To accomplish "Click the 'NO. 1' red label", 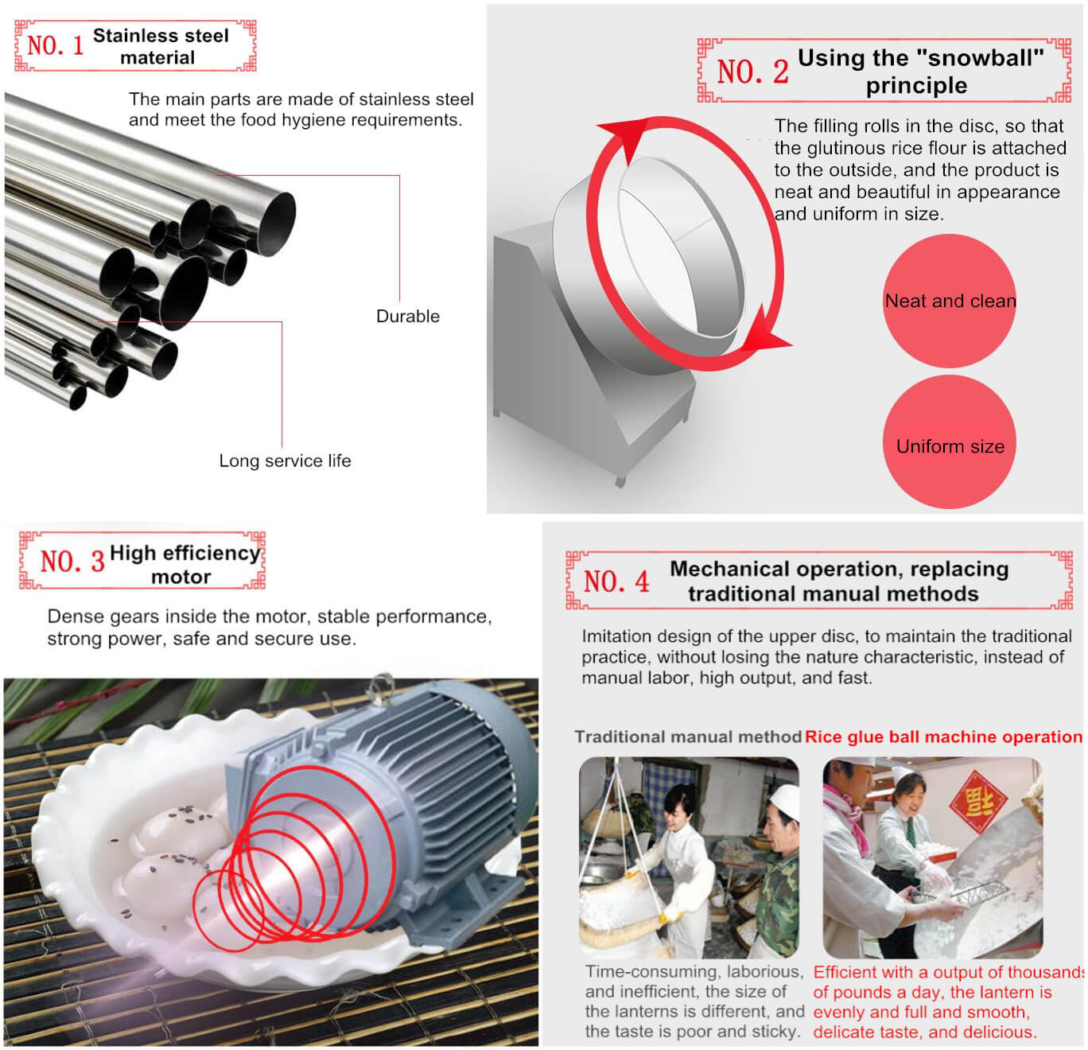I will pyautogui.click(x=55, y=45).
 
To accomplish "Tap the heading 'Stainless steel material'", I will pyautogui.click(x=160, y=46).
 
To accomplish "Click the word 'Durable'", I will pyautogui.click(x=407, y=316).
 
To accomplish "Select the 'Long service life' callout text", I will pyautogui.click(x=285, y=461).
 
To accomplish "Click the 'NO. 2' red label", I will pyautogui.click(x=752, y=72).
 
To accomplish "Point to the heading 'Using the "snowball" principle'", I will pyautogui.click(x=919, y=72).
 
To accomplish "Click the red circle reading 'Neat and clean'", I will pyautogui.click(x=950, y=301).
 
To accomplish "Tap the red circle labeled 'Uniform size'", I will pyautogui.click(x=950, y=445).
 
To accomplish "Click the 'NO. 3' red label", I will pyautogui.click(x=72, y=561).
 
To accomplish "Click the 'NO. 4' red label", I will pyautogui.click(x=616, y=581).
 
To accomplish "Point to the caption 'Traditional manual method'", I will pyautogui.click(x=687, y=737).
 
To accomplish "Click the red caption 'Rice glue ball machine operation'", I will pyautogui.click(x=943, y=737).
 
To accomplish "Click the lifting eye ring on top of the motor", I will pyautogui.click(x=382, y=686).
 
